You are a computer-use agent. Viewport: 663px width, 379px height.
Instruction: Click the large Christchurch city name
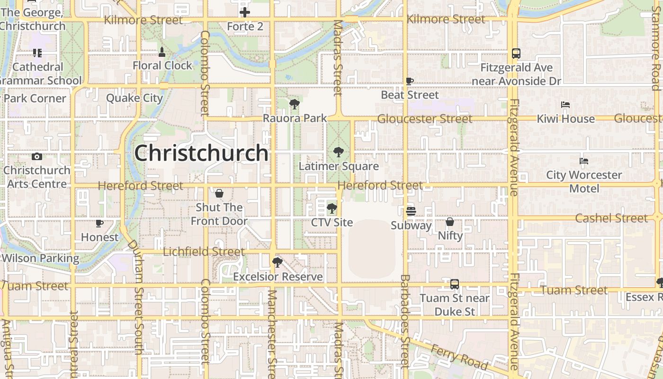202,153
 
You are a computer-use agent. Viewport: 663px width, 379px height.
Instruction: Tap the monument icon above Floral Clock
162,52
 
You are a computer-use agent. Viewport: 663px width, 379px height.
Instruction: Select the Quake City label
134,98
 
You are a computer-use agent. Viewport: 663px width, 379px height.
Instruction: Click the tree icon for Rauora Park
295,104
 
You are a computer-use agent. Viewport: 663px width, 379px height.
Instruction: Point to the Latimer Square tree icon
339,152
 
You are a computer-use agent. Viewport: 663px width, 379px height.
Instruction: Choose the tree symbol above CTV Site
332,208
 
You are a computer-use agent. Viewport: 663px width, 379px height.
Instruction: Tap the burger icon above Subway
411,211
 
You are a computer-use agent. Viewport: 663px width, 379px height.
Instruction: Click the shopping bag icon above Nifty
450,222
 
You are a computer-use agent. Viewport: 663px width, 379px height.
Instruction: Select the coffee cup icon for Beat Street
410,81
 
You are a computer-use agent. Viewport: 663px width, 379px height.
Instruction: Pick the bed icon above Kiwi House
565,105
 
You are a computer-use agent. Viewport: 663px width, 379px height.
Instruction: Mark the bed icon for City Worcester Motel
584,161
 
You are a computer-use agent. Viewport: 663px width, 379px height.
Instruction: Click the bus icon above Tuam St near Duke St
455,284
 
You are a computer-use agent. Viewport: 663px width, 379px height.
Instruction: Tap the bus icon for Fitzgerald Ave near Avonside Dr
516,54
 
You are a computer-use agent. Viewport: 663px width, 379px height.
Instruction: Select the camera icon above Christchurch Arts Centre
37,156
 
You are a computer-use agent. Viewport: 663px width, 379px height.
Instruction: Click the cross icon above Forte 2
245,12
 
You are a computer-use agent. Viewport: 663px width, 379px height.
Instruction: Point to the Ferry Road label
458,356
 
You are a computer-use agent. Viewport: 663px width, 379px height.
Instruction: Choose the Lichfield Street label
204,252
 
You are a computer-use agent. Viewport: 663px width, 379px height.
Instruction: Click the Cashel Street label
611,218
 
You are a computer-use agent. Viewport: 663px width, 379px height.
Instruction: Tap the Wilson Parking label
41,258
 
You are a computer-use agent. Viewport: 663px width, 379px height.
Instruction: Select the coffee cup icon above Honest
99,223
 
